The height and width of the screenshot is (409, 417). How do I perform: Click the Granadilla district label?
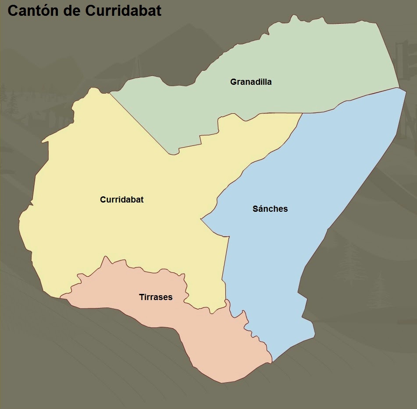(x=251, y=82)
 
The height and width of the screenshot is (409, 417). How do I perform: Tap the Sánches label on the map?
(x=270, y=209)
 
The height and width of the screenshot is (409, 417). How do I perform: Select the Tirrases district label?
(x=156, y=297)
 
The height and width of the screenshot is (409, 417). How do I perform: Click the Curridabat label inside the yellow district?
(x=122, y=199)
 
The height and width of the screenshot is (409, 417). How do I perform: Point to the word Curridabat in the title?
(x=123, y=11)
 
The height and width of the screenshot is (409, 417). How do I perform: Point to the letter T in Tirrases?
(x=142, y=297)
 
